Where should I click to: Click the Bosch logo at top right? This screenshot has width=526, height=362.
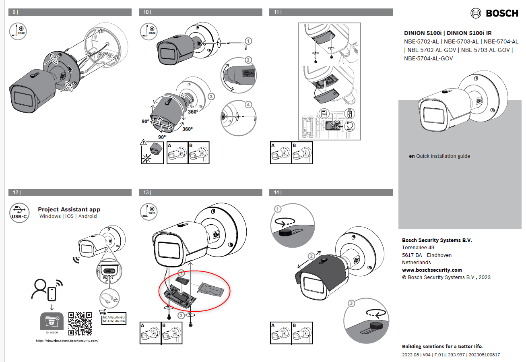click(x=494, y=13)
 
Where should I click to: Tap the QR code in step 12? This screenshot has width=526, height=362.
click(x=80, y=323)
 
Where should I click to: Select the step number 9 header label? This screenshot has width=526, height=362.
click(x=15, y=12)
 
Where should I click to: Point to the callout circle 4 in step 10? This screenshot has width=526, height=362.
click(x=248, y=105)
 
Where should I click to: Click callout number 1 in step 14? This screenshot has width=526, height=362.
click(x=278, y=209)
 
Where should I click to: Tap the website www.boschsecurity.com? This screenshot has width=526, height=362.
click(x=432, y=270)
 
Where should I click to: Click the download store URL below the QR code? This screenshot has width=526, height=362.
click(x=67, y=341)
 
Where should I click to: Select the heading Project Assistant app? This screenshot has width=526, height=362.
click(x=69, y=209)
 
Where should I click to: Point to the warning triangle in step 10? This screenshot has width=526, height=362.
click(x=144, y=142)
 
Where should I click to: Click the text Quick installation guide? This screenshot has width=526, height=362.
click(x=443, y=156)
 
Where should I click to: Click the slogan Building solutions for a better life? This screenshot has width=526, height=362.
click(x=442, y=346)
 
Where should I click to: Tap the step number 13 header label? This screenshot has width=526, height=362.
click(x=146, y=192)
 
